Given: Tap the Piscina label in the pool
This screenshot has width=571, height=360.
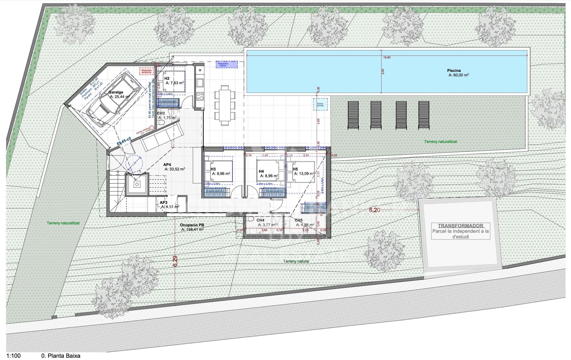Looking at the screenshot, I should (x=454, y=70).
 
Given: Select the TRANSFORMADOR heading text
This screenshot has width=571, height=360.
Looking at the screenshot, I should (x=461, y=226).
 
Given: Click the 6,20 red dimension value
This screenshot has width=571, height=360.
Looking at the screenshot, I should (x=375, y=210).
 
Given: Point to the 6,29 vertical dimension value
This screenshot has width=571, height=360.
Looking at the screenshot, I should (x=175, y=261).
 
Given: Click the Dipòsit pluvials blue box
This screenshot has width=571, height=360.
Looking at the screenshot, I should (x=320, y=104).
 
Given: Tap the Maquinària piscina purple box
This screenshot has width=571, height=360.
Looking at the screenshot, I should (x=226, y=64).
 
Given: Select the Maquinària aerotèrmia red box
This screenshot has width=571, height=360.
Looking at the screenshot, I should (x=146, y=71).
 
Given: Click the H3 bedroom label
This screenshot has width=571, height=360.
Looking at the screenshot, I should (x=213, y=169).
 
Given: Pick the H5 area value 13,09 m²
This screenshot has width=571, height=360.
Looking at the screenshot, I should (x=304, y=173).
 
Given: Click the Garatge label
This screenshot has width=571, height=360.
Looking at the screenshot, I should (x=116, y=92).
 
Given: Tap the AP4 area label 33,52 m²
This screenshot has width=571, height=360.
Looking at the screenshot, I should (x=175, y=169).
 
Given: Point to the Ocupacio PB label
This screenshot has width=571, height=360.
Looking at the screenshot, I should (x=192, y=225).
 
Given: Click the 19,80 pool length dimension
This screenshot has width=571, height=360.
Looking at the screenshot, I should (x=387, y=58).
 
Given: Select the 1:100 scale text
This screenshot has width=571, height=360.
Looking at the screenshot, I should (x=13, y=356).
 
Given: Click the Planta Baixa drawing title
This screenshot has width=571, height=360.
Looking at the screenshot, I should (x=61, y=356).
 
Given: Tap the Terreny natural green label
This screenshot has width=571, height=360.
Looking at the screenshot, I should (x=296, y=261).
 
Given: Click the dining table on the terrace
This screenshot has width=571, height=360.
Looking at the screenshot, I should (x=224, y=105).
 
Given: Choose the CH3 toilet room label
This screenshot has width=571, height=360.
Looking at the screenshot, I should (x=161, y=113).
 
